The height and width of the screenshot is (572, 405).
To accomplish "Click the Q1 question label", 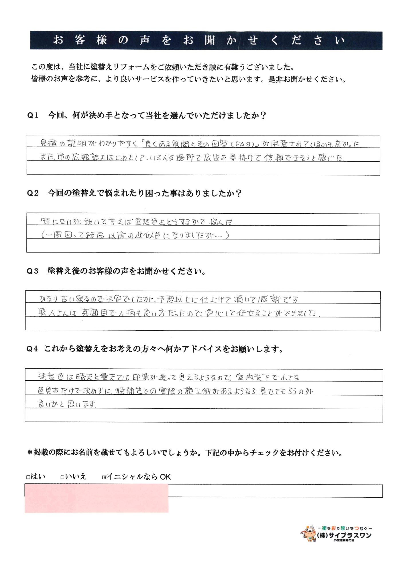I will (x=33, y=115).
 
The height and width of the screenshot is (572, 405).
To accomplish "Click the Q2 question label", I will (x=33, y=193).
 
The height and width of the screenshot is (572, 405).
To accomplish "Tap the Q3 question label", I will (x=32, y=271).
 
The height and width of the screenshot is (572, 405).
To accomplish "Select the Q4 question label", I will (x=32, y=349).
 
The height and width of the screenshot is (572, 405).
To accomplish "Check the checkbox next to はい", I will (x=28, y=477).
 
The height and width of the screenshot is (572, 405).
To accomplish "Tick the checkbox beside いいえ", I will (x=62, y=477).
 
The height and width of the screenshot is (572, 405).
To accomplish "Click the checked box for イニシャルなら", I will (x=104, y=477).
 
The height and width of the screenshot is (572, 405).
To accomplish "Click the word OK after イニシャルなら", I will (x=165, y=477).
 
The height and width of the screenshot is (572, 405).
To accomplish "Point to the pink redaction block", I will (x=97, y=498).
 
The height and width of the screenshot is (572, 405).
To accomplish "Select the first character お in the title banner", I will (x=58, y=40).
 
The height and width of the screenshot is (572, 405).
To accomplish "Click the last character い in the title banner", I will (x=340, y=40).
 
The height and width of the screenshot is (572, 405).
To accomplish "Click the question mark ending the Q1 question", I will (x=264, y=115).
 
